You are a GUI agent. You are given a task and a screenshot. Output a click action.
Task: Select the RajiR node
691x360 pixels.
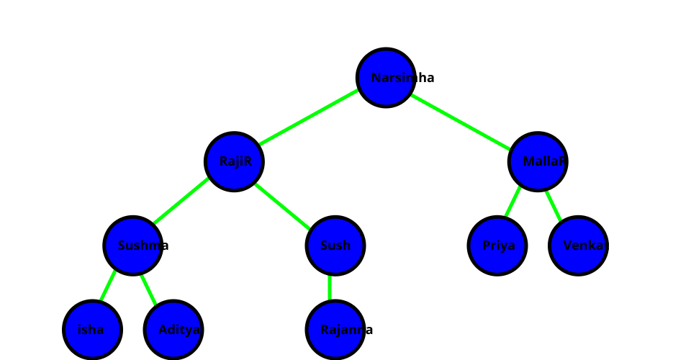tap(234, 161)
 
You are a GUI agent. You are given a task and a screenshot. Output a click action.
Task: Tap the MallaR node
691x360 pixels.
tap(538, 161)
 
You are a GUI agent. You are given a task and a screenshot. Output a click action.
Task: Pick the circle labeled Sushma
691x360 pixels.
tap(132, 246)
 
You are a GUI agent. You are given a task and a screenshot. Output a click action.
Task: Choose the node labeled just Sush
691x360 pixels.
tap(335, 246)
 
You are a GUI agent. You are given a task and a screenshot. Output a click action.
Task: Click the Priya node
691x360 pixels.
tap(497, 246)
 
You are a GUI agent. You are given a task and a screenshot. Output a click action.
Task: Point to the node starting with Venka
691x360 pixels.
tap(578, 246)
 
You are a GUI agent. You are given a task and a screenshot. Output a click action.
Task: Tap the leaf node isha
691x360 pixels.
tap(92, 330)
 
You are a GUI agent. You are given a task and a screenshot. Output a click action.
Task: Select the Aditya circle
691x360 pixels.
tap(173, 330)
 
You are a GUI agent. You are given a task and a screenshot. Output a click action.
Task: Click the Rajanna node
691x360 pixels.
tap(335, 330)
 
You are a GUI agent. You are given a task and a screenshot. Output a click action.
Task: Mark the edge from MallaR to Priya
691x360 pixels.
tap(513, 202)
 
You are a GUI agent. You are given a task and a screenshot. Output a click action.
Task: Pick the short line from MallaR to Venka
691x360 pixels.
tap(553, 202)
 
